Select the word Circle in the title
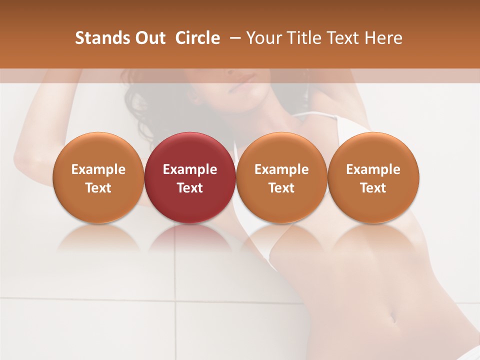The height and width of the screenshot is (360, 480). coord(197,38)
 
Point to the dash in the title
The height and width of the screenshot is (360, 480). coord(233,38)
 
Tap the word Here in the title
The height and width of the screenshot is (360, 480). coord(382,38)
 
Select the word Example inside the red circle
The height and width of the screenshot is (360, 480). coord(190,169)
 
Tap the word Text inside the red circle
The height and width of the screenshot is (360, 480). coord(190,188)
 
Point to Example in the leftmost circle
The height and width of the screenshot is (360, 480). coord(98,169)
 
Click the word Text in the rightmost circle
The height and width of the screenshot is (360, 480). coord(373,188)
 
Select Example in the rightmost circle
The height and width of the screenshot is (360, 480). coord(373,169)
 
